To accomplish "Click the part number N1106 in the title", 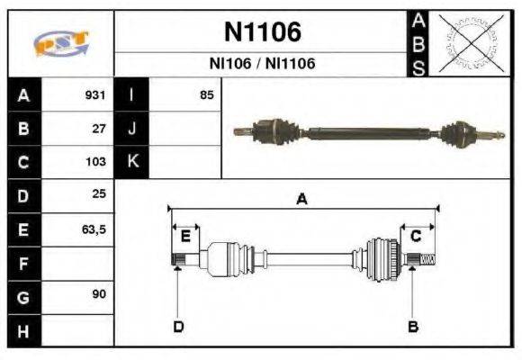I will tap(262, 32).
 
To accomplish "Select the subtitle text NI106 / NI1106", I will tap(262, 64).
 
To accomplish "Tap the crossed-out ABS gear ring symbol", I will tap(466, 42).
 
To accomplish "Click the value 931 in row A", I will tap(95, 95).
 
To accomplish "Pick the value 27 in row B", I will tap(100, 129).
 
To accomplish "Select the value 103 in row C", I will tap(95, 163).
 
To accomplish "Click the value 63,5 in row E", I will tap(94, 230).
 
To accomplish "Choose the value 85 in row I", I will tap(207, 95).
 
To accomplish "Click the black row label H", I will tap(23, 331).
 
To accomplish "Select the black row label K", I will tap(132, 162).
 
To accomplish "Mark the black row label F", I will tap(23, 264).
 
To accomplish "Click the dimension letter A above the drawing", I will tap(301, 200).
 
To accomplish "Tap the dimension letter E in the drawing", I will tap(185, 236).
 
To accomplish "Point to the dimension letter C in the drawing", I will tap(416, 236).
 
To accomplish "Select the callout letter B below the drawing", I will tap(413, 326).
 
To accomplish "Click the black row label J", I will tap(132, 129).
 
